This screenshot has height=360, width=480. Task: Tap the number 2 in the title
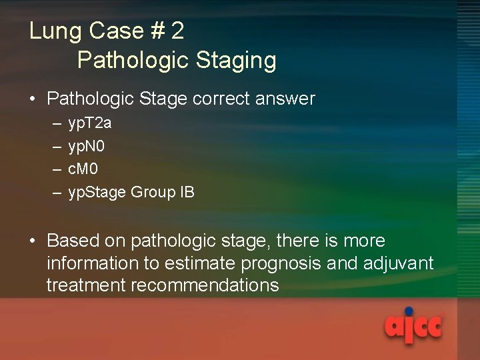point(177,32)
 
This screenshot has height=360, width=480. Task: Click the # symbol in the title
point(155,32)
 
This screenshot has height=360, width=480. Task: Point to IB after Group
point(187,193)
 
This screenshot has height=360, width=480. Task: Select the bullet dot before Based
point(33,241)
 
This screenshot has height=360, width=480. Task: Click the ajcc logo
point(413,327)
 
